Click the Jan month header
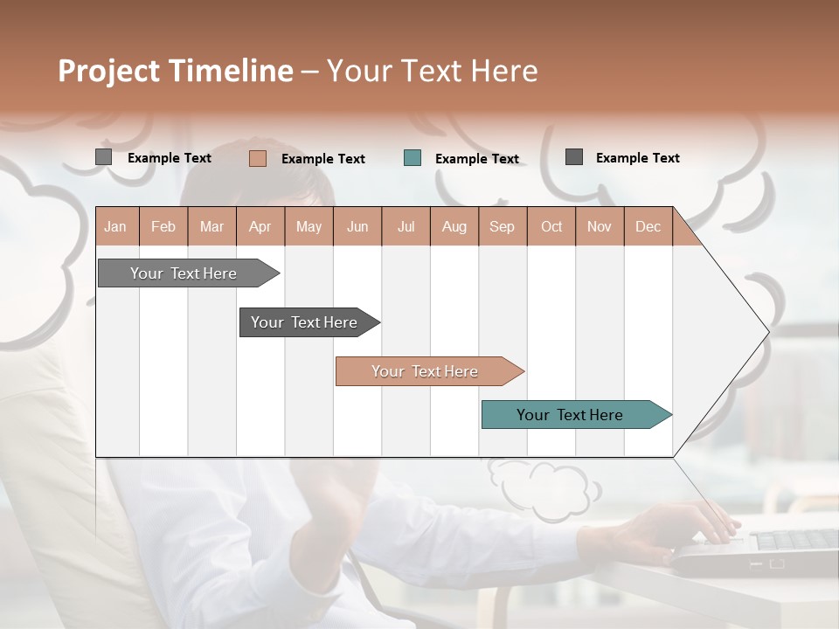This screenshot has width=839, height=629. (x=115, y=226)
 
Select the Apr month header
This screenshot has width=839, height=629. (x=260, y=226)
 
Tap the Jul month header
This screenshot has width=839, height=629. (x=406, y=226)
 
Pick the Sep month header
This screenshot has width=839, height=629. (x=502, y=226)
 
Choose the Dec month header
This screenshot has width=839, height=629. (x=648, y=226)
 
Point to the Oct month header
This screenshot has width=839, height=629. (x=551, y=226)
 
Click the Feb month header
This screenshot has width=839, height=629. (x=163, y=226)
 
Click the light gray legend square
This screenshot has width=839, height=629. (x=104, y=157)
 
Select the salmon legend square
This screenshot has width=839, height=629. (x=258, y=158)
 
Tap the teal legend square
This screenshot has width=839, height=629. (x=413, y=158)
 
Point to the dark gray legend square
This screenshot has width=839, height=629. (x=574, y=157)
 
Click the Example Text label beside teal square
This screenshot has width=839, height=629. (x=476, y=159)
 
